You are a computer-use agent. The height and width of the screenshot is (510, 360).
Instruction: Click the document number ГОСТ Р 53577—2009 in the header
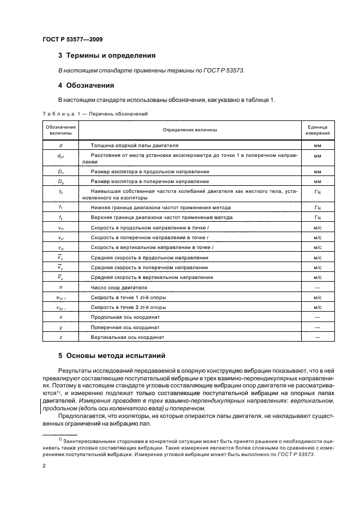tap(72, 40)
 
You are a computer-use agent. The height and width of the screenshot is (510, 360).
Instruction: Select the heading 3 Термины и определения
tap(107, 56)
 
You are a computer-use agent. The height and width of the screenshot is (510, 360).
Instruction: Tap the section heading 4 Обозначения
tap(90, 85)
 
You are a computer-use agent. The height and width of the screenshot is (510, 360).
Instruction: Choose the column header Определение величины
tap(190, 130)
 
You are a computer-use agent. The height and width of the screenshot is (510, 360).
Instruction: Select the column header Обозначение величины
tap(60, 130)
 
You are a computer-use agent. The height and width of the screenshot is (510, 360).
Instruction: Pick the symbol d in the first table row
tap(60, 146)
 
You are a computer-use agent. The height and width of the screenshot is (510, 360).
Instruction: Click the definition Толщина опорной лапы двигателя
tap(135, 146)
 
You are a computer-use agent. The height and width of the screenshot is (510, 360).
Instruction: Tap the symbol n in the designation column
tap(60, 287)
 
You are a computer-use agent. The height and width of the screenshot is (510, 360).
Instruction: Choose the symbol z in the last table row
tap(60, 337)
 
